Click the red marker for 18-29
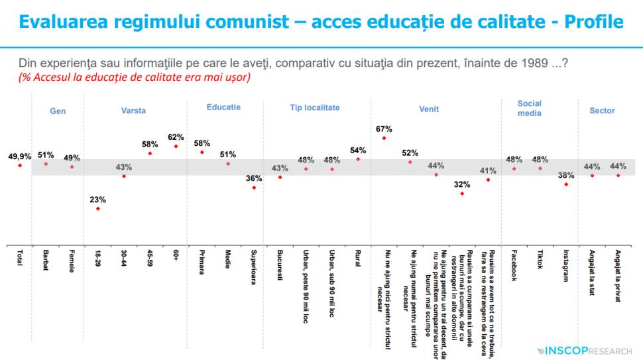(x=98, y=209)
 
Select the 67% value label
(x=384, y=129)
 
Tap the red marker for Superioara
(x=254, y=188)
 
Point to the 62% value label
(x=176, y=137)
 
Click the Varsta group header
(x=133, y=111)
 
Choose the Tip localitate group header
(x=314, y=107)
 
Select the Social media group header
(x=530, y=108)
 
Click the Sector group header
(x=602, y=111)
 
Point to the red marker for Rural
(x=358, y=159)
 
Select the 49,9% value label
(x=19, y=156)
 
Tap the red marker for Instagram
(x=565, y=184)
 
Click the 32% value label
(x=462, y=184)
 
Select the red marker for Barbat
(x=46, y=163)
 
